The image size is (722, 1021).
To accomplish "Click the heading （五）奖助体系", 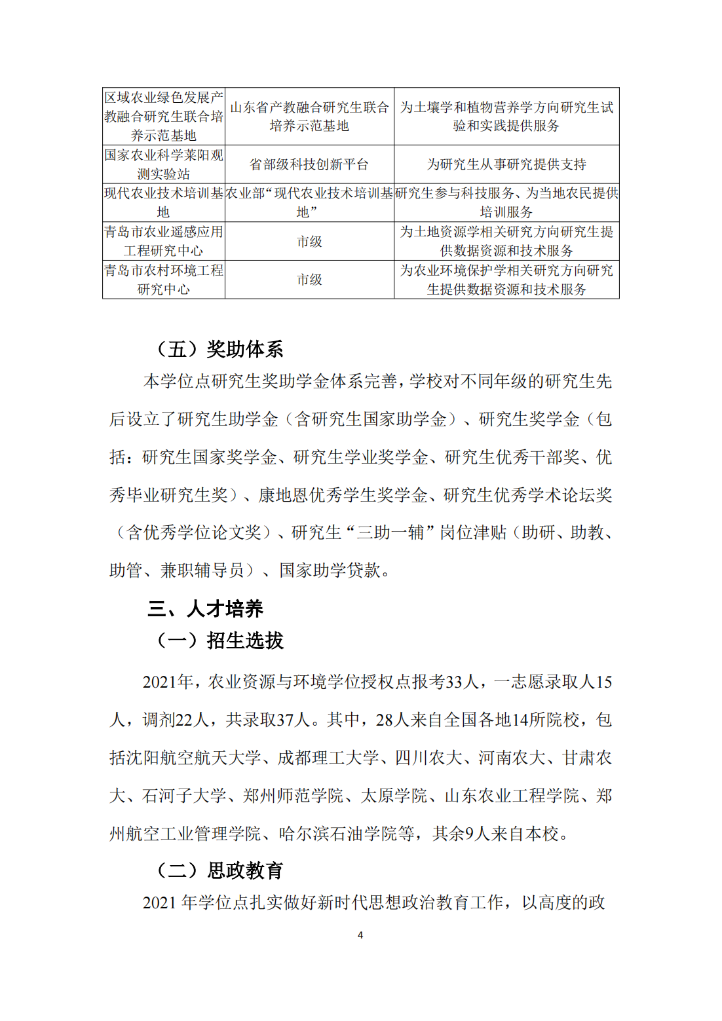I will tap(219, 349).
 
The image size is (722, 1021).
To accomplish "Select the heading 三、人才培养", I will tap(205, 608).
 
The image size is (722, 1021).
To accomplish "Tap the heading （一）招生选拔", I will tap(219, 640).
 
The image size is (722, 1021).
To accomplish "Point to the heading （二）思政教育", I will tap(219, 870).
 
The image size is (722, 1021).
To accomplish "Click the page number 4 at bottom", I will tap(360, 935).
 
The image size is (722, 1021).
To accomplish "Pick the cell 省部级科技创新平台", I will tap(309, 164).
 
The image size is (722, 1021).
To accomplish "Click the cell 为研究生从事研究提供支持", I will tap(506, 164).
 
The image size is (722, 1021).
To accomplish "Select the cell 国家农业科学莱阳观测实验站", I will tap(164, 164).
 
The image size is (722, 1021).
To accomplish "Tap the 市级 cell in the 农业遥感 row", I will tap(309, 242).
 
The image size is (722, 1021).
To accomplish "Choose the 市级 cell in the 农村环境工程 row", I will tap(309, 280).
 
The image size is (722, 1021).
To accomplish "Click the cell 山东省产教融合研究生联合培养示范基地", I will tap(309, 117).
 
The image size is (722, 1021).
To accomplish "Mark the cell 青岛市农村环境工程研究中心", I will tap(164, 280).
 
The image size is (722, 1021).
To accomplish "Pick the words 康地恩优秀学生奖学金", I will tap(343, 495).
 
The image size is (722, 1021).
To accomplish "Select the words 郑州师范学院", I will tap(293, 796).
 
